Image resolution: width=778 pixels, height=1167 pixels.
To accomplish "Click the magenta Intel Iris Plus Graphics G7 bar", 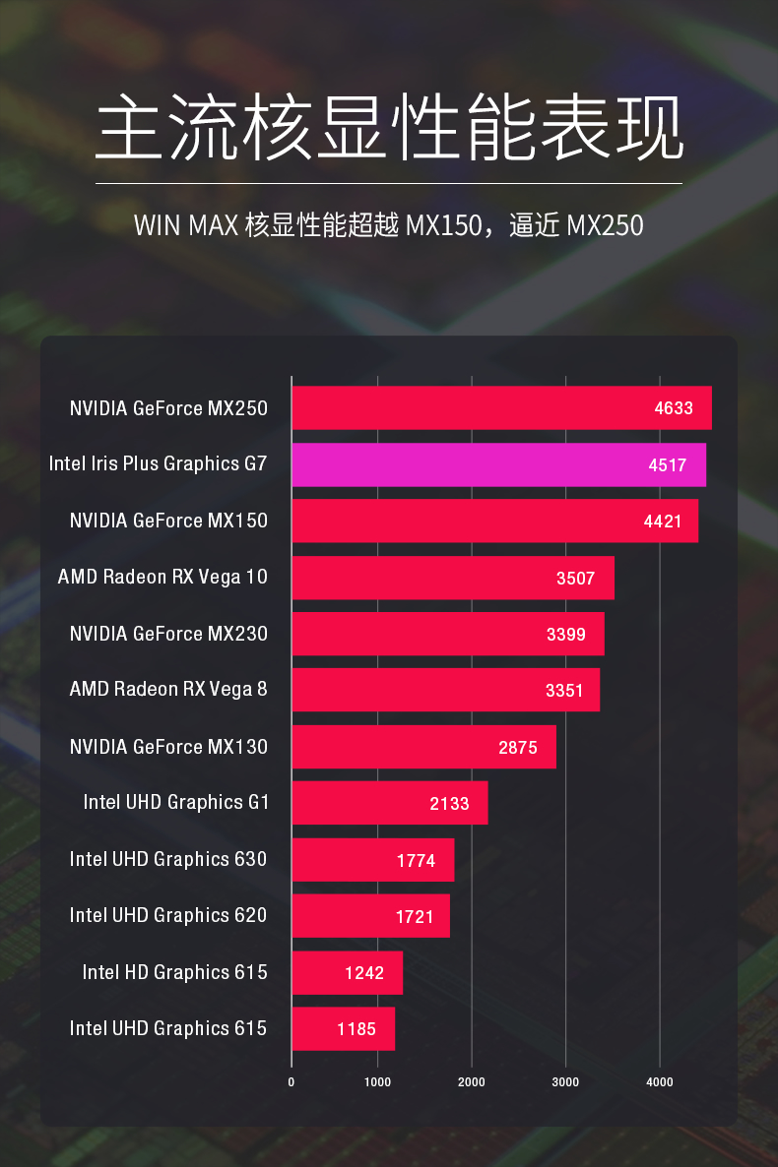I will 498,464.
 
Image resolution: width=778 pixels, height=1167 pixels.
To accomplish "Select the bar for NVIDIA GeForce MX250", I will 501,407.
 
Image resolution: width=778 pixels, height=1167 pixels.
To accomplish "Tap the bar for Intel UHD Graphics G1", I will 389,803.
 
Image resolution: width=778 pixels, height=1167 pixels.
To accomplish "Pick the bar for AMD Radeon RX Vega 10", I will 452,578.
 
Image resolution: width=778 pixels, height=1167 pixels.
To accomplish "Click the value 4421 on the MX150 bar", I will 663,522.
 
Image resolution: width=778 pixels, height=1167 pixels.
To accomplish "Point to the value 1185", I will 357,1029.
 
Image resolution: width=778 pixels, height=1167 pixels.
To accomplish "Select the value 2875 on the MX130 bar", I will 518,748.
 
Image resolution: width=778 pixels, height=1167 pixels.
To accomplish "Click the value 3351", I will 564,691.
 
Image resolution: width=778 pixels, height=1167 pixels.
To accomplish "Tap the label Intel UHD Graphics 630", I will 168,859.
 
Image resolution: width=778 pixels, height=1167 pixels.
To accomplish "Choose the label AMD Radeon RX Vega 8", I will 168,689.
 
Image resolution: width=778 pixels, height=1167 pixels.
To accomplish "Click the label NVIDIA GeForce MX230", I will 168,634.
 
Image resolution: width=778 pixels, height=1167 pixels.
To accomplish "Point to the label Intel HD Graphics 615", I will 174,972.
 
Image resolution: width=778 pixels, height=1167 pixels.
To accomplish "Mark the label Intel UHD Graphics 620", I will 168,915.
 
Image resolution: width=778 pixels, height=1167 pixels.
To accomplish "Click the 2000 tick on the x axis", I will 472,1082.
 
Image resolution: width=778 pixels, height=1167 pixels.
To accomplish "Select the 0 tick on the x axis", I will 292,1082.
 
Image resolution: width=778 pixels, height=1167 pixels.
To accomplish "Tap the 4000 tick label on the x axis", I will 660,1082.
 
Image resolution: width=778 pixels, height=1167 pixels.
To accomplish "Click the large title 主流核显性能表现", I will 389,128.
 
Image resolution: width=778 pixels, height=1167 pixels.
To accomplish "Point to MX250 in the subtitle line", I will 605,225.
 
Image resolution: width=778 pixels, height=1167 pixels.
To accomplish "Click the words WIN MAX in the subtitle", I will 186,225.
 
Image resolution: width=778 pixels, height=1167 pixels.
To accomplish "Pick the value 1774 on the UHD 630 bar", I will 416,861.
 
